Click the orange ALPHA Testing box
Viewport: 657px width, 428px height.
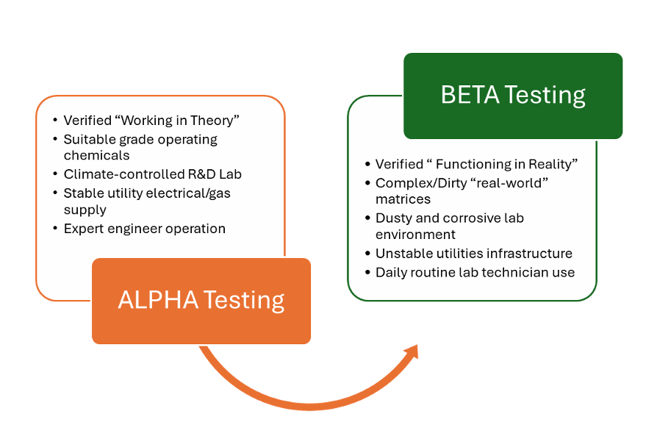[x=201, y=301]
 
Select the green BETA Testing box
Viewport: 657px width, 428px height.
[x=513, y=96]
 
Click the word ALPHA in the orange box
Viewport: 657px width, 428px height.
[x=158, y=300]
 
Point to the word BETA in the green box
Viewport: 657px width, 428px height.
[x=470, y=95]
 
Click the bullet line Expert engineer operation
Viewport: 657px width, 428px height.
[x=145, y=229]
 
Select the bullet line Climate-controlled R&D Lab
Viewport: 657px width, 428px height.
[x=153, y=174]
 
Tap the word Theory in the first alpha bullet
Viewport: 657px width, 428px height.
[x=213, y=121]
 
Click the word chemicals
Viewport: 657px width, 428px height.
[x=96, y=155]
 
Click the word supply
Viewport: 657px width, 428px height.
[x=85, y=210]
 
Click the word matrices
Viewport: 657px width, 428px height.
[x=403, y=199]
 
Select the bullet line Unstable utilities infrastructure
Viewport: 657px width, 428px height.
[x=474, y=254]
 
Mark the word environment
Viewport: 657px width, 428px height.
[x=415, y=235]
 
